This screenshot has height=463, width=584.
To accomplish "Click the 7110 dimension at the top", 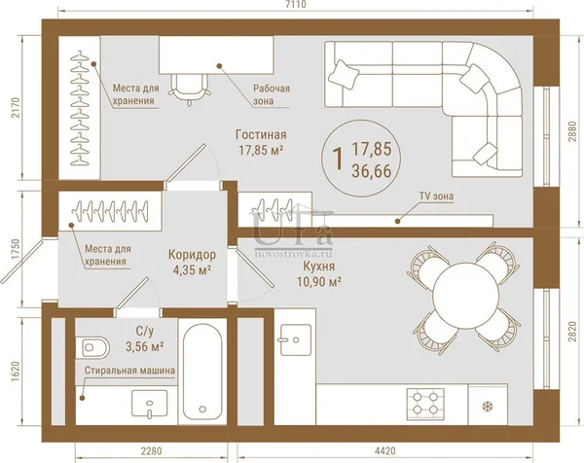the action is click(x=297, y=5).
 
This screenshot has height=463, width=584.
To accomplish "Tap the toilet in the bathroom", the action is click(x=92, y=347).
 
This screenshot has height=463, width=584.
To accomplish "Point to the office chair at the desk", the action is click(x=189, y=89).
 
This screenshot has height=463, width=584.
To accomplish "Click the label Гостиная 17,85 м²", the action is click(x=261, y=142).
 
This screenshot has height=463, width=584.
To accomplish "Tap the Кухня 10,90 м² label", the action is click(x=319, y=274).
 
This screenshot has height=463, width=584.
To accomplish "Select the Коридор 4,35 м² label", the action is click(x=192, y=262).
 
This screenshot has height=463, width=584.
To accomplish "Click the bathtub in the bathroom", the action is click(x=202, y=371).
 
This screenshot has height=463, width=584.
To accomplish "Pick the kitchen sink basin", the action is click(x=296, y=339).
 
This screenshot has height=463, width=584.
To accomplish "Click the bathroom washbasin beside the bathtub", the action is click(x=149, y=404).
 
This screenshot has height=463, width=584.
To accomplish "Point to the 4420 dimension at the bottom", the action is click(x=385, y=451).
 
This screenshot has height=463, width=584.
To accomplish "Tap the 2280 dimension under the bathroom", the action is click(x=151, y=451).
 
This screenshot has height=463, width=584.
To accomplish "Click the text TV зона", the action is click(x=436, y=196).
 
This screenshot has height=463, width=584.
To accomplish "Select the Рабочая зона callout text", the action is click(x=272, y=94).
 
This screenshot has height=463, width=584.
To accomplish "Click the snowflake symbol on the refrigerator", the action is click(x=486, y=406).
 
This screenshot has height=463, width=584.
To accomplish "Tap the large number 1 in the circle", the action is click(x=338, y=159).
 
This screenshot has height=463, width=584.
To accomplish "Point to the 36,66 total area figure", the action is click(x=372, y=171).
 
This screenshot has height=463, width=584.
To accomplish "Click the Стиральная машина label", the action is click(x=129, y=371).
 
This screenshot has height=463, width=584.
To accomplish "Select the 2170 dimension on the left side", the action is click(x=16, y=108).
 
